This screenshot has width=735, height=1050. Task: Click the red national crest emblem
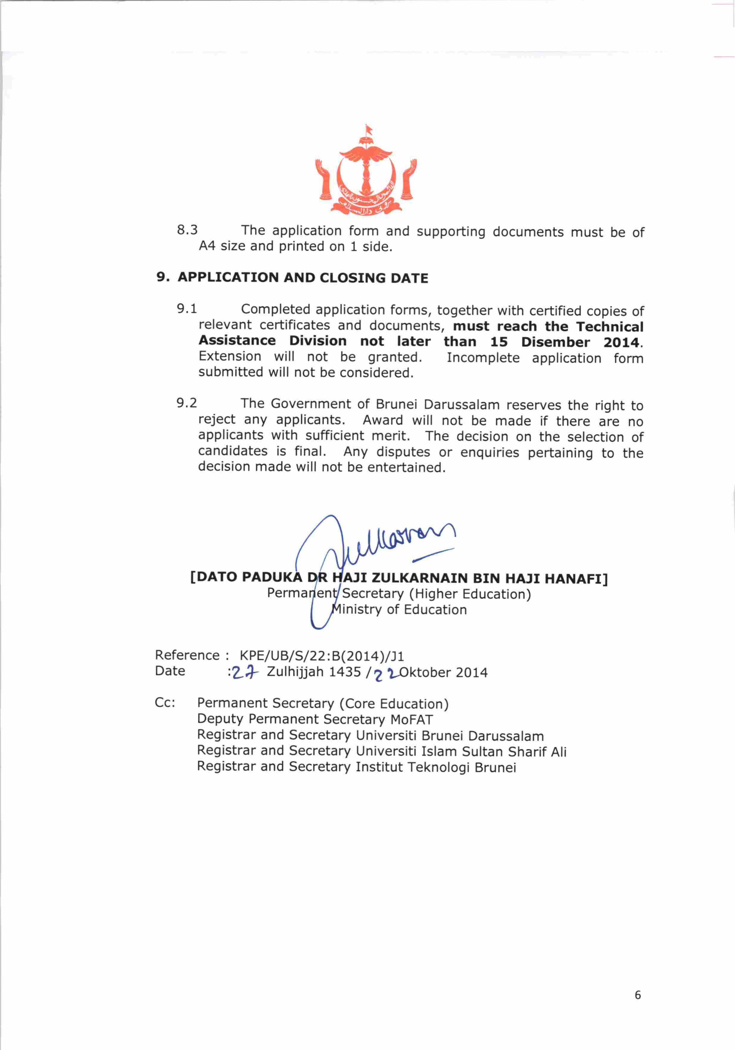[365, 172]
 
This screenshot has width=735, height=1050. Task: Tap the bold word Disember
[555, 342]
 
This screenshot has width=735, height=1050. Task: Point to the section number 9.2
[187, 403]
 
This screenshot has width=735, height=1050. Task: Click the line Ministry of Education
[399, 610]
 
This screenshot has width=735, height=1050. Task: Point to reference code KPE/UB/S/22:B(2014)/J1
[322, 656]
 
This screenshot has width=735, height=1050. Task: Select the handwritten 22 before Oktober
[386, 674]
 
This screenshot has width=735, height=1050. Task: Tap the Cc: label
[165, 703]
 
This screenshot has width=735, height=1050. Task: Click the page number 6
[638, 995]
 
